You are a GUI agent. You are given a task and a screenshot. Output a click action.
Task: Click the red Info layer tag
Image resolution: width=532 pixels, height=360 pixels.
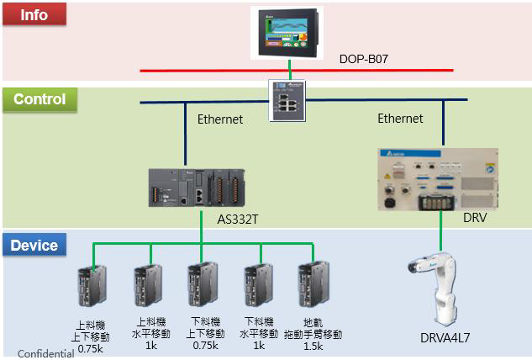[34, 14]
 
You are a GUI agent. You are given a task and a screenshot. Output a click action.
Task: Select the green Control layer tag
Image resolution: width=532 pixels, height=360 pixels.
[40, 99]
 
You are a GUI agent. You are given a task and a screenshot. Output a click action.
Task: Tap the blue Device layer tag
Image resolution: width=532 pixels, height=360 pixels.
[34, 246]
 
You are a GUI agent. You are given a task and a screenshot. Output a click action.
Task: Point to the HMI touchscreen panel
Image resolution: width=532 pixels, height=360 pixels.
[290, 33]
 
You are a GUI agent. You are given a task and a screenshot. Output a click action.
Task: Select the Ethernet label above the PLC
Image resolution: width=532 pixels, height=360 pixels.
[220, 119]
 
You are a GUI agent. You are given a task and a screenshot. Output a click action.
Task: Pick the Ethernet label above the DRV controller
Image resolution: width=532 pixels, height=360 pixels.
[400, 119]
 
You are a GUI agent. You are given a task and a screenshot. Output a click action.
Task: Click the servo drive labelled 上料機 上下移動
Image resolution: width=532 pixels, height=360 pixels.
[92, 286]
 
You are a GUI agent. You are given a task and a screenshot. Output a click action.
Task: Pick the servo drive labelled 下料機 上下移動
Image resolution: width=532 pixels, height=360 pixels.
[202, 286]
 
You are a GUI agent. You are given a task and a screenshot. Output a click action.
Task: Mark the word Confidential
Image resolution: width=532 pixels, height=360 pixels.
[45, 353]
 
